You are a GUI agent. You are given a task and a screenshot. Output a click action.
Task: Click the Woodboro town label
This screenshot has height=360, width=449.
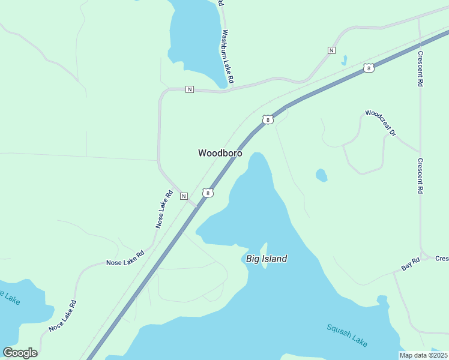pyautogui.click(x=220, y=153)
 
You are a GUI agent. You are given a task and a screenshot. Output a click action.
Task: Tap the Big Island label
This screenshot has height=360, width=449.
pyautogui.click(x=267, y=259)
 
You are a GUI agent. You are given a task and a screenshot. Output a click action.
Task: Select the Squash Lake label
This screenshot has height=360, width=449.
pyautogui.click(x=347, y=335)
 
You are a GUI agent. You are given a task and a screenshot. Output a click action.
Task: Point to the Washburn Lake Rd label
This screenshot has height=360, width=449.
pyautogui.click(x=227, y=56)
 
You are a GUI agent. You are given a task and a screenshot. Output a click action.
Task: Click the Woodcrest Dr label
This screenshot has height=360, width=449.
pyautogui.click(x=381, y=123)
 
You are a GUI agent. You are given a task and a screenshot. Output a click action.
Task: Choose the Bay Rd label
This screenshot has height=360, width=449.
pyautogui.click(x=411, y=264)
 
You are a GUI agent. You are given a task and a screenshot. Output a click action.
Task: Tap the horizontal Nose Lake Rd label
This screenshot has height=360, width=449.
pyautogui.click(x=125, y=259)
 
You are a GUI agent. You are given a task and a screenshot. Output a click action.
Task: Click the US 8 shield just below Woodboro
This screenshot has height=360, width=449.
pyautogui.click(x=207, y=193)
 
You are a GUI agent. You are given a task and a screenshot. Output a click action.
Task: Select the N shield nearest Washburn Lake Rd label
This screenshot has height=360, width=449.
pyautogui.click(x=190, y=89)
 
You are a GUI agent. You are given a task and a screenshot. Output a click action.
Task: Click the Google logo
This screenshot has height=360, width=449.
pyautogui.click(x=20, y=353)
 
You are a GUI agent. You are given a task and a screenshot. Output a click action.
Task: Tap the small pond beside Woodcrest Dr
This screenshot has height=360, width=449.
pyautogui.click(x=322, y=175)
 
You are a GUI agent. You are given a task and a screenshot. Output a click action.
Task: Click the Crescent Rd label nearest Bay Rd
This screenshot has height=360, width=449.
pyautogui.click(x=421, y=176)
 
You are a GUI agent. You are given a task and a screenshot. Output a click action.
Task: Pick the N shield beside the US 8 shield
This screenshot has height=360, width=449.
pyautogui.click(x=184, y=196)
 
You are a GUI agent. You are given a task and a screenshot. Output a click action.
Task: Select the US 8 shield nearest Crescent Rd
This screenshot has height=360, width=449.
pyautogui.click(x=369, y=68)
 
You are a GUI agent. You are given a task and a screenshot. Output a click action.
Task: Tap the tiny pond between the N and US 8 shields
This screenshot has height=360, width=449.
pyautogui.click(x=344, y=60)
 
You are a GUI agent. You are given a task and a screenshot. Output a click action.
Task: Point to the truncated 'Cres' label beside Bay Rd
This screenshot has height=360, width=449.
pyautogui.click(x=442, y=259)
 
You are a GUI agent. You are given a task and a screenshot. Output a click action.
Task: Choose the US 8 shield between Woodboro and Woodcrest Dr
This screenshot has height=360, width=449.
pyautogui.click(x=268, y=119)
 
